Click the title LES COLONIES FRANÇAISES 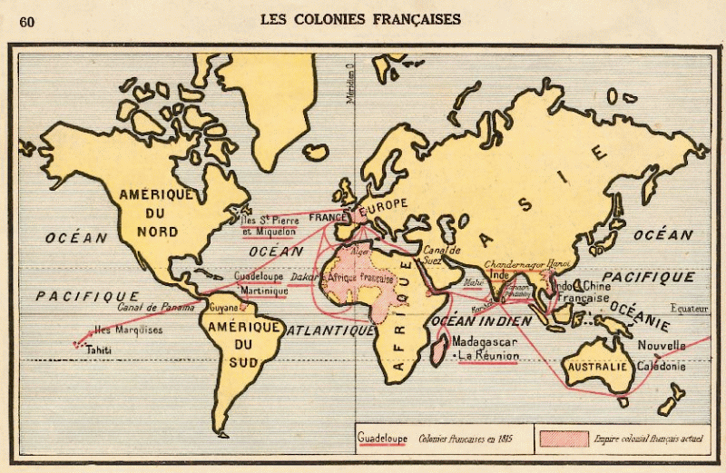click(x=360, y=18)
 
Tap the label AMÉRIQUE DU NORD click(x=157, y=212)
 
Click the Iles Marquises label click(x=128, y=330)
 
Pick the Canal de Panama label click(x=157, y=308)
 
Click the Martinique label click(x=264, y=291)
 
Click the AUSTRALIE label click(x=596, y=366)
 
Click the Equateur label click(x=689, y=308)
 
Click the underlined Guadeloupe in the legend click(x=382, y=438)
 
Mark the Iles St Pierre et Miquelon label click(x=271, y=225)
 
